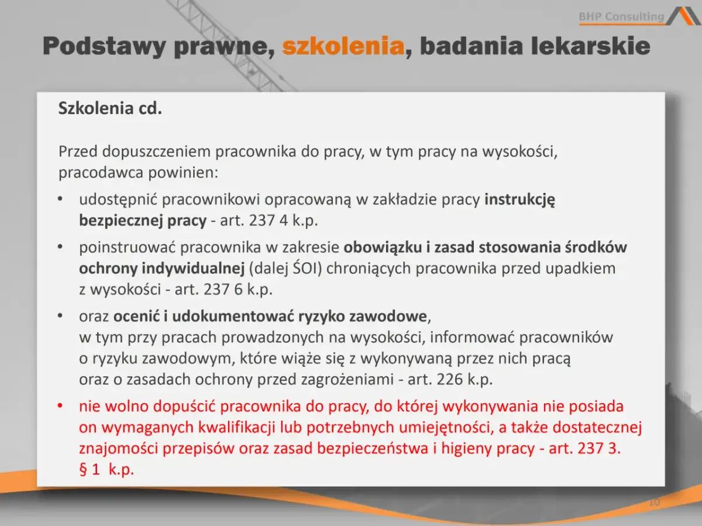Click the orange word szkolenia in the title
343,46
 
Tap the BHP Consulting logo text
621,17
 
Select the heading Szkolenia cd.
110,109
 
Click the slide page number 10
654,503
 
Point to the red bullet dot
60,406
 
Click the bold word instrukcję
519,199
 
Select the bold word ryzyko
322,316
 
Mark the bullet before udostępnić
60,200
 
